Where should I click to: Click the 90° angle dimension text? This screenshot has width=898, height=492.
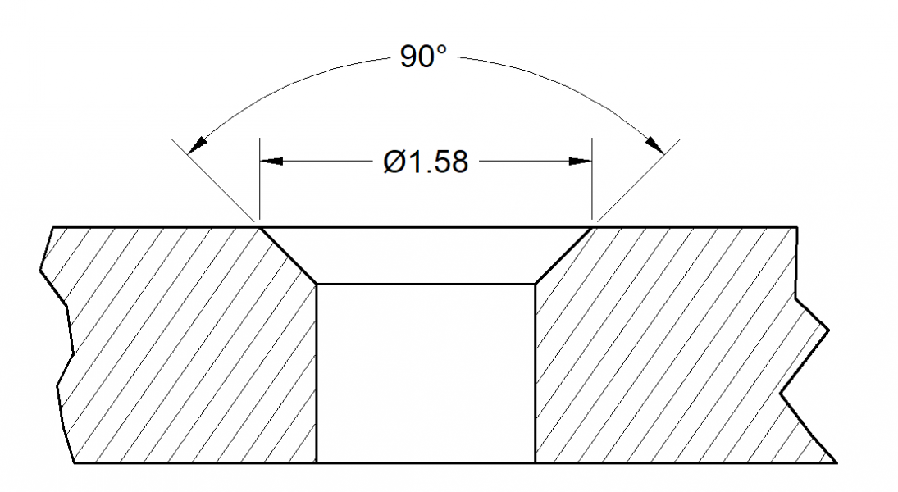(x=423, y=57)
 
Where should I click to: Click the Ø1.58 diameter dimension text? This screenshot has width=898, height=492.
(x=426, y=162)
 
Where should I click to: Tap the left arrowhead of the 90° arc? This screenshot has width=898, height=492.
(x=196, y=146)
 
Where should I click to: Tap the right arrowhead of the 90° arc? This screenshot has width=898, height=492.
(x=654, y=145)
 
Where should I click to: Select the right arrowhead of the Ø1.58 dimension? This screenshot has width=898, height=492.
(x=580, y=162)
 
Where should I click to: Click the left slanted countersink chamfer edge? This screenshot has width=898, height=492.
(x=288, y=255)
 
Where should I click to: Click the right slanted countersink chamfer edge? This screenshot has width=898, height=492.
(x=563, y=255)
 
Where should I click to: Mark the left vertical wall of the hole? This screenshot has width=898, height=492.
(x=317, y=373)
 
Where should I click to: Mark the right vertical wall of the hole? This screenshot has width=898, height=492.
(x=535, y=373)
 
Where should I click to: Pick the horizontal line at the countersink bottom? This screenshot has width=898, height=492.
(x=426, y=284)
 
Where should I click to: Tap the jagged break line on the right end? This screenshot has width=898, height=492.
(x=808, y=361)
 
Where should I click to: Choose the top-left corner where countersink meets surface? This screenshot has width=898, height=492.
(x=260, y=227)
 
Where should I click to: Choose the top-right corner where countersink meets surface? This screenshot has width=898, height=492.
(x=591, y=227)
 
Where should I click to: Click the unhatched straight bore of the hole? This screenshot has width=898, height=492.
(x=426, y=373)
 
